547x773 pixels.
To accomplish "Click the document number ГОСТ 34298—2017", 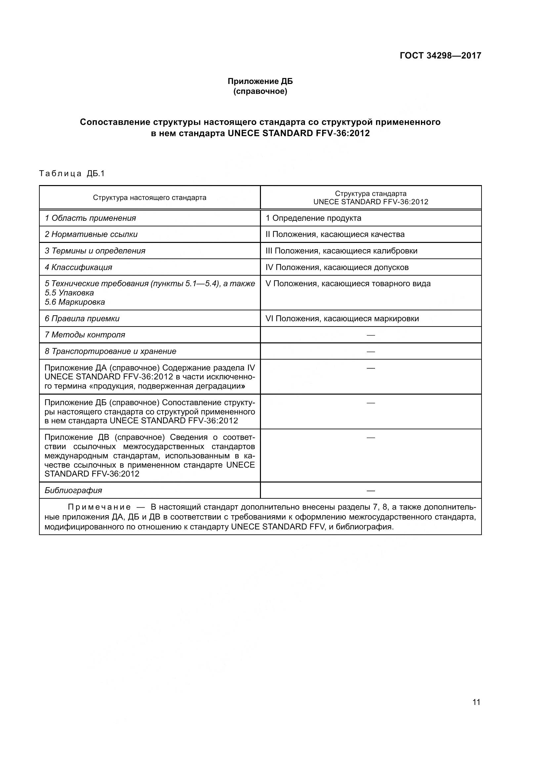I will coord(440,56).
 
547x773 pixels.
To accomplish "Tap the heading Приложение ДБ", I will coord(260,81).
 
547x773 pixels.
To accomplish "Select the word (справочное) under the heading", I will coord(260,91).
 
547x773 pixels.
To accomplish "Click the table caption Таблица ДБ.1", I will coord(72,174).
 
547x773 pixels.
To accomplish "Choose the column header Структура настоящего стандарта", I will coord(149,198).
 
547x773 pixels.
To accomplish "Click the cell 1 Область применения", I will coord(90,218).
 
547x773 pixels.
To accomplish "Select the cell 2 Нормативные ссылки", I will coord(91,234).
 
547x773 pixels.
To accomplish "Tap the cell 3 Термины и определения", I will coord(95,251).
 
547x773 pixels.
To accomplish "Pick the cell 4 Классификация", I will coord(78,267).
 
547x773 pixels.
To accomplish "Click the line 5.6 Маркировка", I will coord(75,302).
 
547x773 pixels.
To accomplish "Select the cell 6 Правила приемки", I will coord(82,319).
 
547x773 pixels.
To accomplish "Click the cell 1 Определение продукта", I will coord(313,218).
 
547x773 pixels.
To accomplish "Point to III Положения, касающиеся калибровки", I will coord(341,251).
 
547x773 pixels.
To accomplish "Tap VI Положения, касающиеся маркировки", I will coord(342,319).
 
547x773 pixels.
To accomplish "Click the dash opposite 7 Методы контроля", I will coord(370,335).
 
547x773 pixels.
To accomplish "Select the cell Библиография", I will coord(73,490).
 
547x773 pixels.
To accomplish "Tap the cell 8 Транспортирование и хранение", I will coord(110,352).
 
